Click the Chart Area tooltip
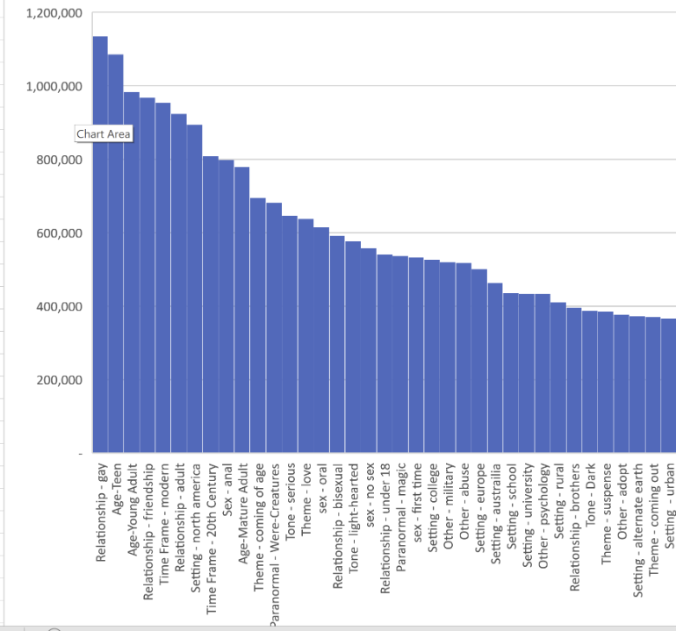pos(104,133)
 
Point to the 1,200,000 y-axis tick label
pos(54,13)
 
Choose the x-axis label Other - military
pos(449,504)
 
